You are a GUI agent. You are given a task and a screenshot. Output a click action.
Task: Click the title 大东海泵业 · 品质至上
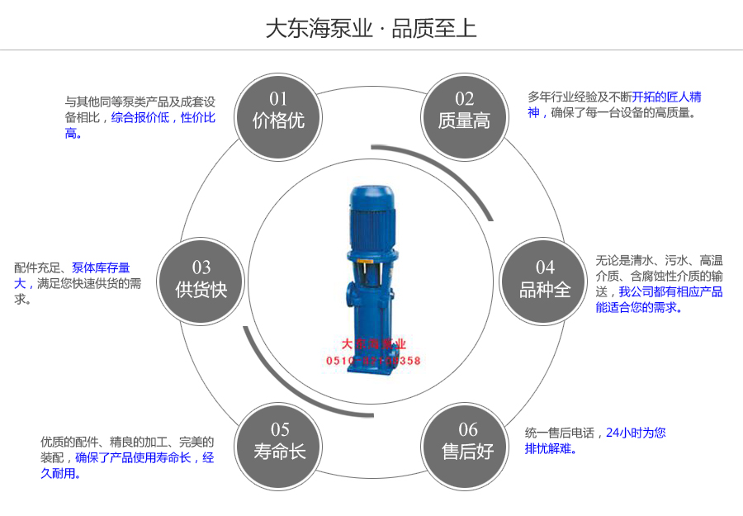[371, 29]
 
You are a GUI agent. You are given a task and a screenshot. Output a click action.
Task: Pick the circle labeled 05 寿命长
[279, 442]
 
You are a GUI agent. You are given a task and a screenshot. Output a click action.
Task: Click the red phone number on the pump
[373, 361]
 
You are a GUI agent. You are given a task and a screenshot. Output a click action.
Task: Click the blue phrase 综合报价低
[140, 117]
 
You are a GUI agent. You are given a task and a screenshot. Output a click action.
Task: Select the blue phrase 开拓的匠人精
[666, 97]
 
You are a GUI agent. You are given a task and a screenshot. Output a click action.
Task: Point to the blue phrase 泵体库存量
[101, 267]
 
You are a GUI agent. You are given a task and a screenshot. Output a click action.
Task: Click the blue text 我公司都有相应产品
[670, 291]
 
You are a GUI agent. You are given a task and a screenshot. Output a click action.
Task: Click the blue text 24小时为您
[636, 432]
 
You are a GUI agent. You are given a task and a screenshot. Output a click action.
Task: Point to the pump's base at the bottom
[372, 388]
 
